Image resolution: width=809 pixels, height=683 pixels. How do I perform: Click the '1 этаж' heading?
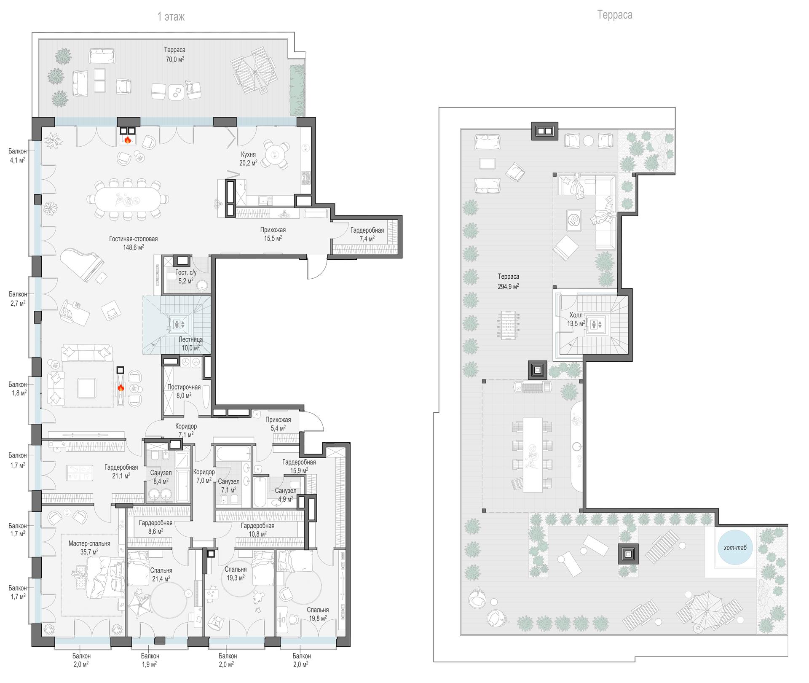coord(171,17)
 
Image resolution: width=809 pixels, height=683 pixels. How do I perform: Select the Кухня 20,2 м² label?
coord(249,159)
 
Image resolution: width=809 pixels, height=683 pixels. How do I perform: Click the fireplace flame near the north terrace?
coord(128,139)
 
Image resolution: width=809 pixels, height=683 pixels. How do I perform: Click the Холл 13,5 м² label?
coord(576,319)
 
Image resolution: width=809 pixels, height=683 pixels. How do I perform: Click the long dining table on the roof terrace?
coord(532,454)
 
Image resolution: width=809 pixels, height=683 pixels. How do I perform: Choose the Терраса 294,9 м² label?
coord(508,281)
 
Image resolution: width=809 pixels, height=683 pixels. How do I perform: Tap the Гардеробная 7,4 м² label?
coord(367,234)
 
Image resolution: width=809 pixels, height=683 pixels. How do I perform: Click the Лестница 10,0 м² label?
coord(190,344)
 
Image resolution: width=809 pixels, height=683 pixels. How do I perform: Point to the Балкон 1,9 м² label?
coord(150,660)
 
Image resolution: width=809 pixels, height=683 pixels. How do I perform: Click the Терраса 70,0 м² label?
coord(175,54)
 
